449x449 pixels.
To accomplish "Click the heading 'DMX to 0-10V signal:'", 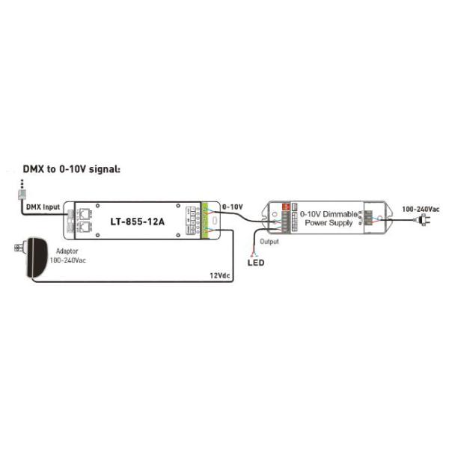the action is (71, 170).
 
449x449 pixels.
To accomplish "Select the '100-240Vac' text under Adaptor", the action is (67, 262).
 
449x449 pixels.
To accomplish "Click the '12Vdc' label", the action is (219, 275).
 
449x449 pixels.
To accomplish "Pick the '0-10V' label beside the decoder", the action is (233, 205).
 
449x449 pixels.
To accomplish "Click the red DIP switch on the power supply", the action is (284, 209).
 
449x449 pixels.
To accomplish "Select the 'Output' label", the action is (269, 242).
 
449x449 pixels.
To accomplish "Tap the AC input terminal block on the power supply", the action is (366, 218).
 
